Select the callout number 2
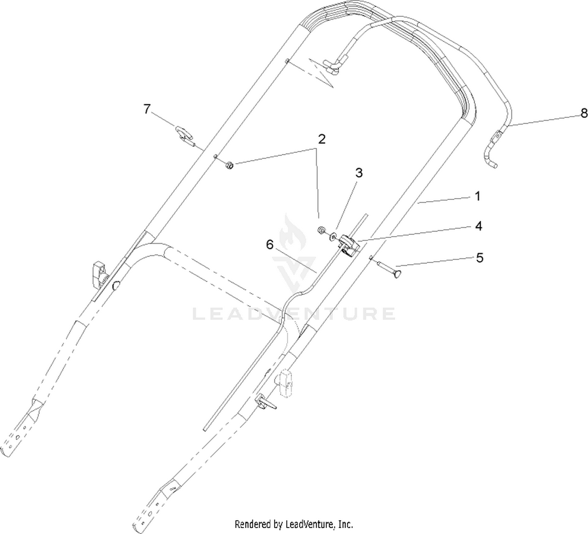(322, 139)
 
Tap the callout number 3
(359, 173)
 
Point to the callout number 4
(478, 226)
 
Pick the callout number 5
(479, 258)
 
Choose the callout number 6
(270, 245)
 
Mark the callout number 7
(147, 109)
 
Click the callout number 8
(584, 113)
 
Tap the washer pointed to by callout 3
(333, 236)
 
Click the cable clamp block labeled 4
(349, 245)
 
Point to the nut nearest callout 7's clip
(229, 165)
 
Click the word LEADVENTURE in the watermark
(294, 314)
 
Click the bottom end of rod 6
(205, 430)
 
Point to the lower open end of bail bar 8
(495, 167)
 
